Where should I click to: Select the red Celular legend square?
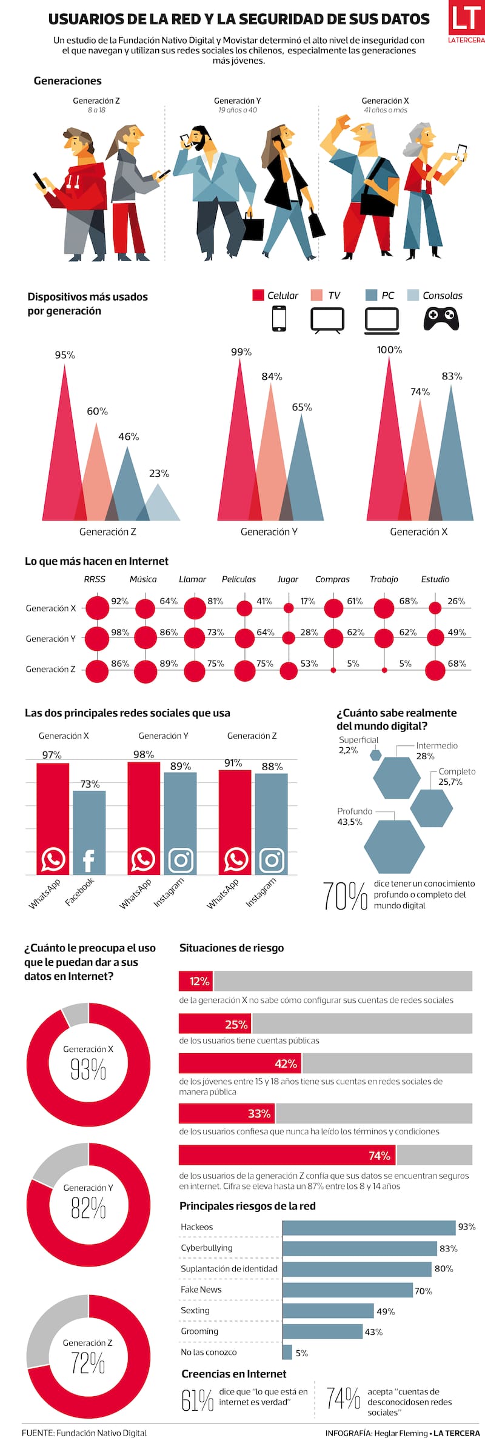[258, 295]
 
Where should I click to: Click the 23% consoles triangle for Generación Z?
[159, 506]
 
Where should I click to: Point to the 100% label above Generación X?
[389, 350]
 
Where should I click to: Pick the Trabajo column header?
[384, 579]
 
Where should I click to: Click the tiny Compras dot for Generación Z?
[333, 670]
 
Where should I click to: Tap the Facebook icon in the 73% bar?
[89, 860]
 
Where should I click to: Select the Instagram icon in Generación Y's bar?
[180, 860]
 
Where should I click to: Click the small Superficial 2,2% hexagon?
[376, 755]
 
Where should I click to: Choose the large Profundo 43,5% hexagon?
[394, 847]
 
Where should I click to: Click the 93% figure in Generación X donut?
[89, 1070]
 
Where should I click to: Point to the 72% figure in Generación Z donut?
[89, 1363]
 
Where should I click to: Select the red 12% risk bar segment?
[196, 981]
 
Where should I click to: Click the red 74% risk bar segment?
[287, 1155]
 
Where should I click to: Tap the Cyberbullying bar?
[360, 1248]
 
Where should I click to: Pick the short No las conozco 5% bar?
[287, 1352]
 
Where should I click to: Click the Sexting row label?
[195, 1310]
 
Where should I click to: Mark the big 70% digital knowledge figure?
[344, 896]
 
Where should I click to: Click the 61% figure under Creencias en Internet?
[197, 1400]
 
